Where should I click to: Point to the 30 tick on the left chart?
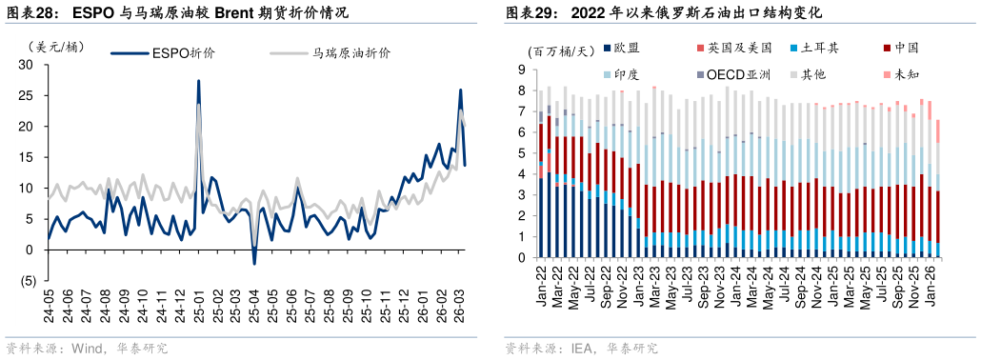point(26,65)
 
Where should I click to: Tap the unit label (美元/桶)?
point(56,46)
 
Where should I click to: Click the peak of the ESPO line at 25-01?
point(198,81)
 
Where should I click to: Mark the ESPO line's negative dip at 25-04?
point(254,263)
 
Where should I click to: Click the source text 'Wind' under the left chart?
point(87,349)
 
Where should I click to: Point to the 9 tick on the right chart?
point(522,70)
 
